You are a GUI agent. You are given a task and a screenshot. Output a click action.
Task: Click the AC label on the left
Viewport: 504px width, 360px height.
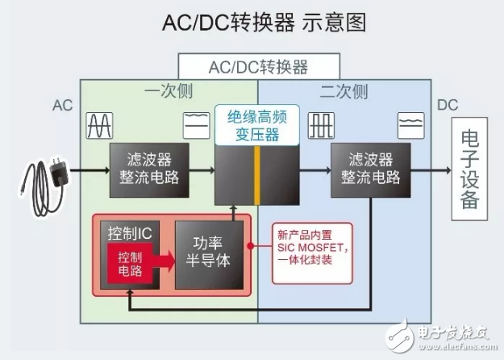(63, 106)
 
